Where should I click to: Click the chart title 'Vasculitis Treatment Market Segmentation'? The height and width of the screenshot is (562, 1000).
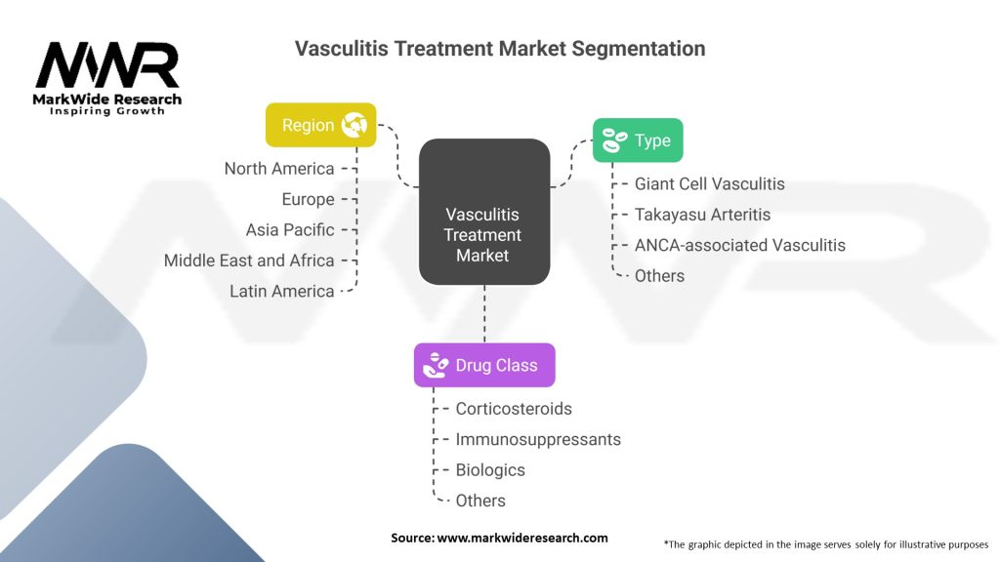click(500, 49)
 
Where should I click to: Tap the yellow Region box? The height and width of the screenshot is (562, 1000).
click(320, 125)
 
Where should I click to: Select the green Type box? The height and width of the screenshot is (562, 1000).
click(638, 140)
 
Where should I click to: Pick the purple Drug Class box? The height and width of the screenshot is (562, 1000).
click(484, 365)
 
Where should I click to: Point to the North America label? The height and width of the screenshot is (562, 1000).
click(279, 169)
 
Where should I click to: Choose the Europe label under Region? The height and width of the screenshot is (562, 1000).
click(308, 199)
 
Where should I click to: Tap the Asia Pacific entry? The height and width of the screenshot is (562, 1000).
click(290, 230)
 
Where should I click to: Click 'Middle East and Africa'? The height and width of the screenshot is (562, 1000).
click(249, 261)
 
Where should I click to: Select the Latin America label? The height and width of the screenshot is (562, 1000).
click(282, 291)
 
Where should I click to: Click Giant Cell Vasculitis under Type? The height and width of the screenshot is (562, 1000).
click(709, 183)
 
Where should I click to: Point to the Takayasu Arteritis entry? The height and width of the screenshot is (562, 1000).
click(702, 215)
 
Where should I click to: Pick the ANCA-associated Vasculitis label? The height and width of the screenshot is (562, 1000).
click(739, 245)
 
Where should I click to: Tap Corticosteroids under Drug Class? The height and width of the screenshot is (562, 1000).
click(514, 409)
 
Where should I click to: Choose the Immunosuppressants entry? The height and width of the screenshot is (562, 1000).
click(538, 439)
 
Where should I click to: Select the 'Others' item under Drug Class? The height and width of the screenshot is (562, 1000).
click(480, 501)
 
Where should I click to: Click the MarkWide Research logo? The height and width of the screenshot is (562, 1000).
click(107, 78)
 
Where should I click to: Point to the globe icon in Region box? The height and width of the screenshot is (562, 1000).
click(353, 125)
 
